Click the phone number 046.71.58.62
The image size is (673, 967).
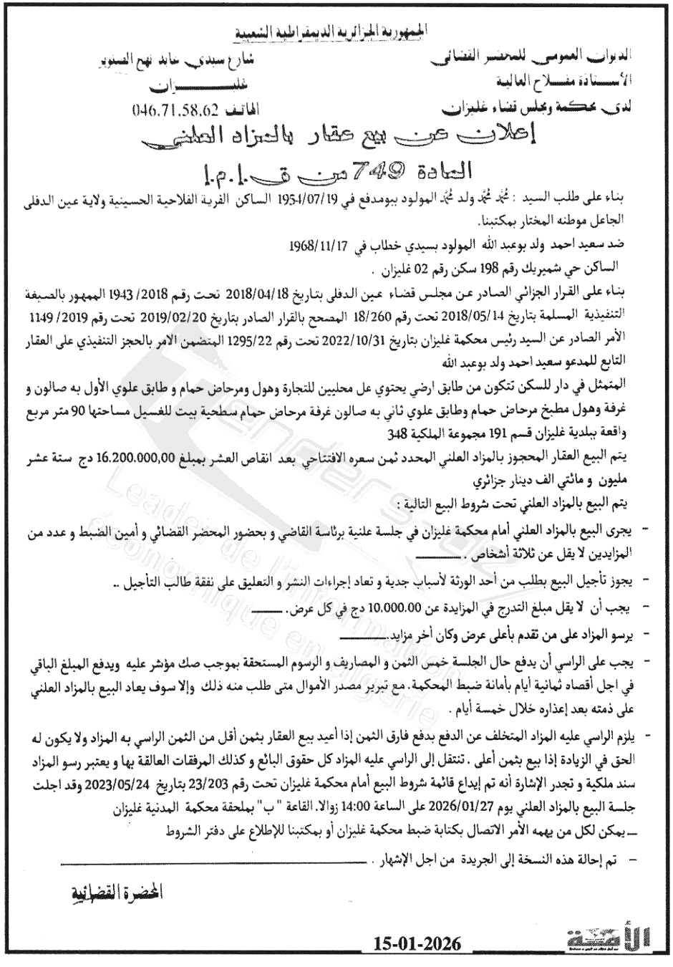175,111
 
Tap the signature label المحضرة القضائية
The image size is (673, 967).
115,893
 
